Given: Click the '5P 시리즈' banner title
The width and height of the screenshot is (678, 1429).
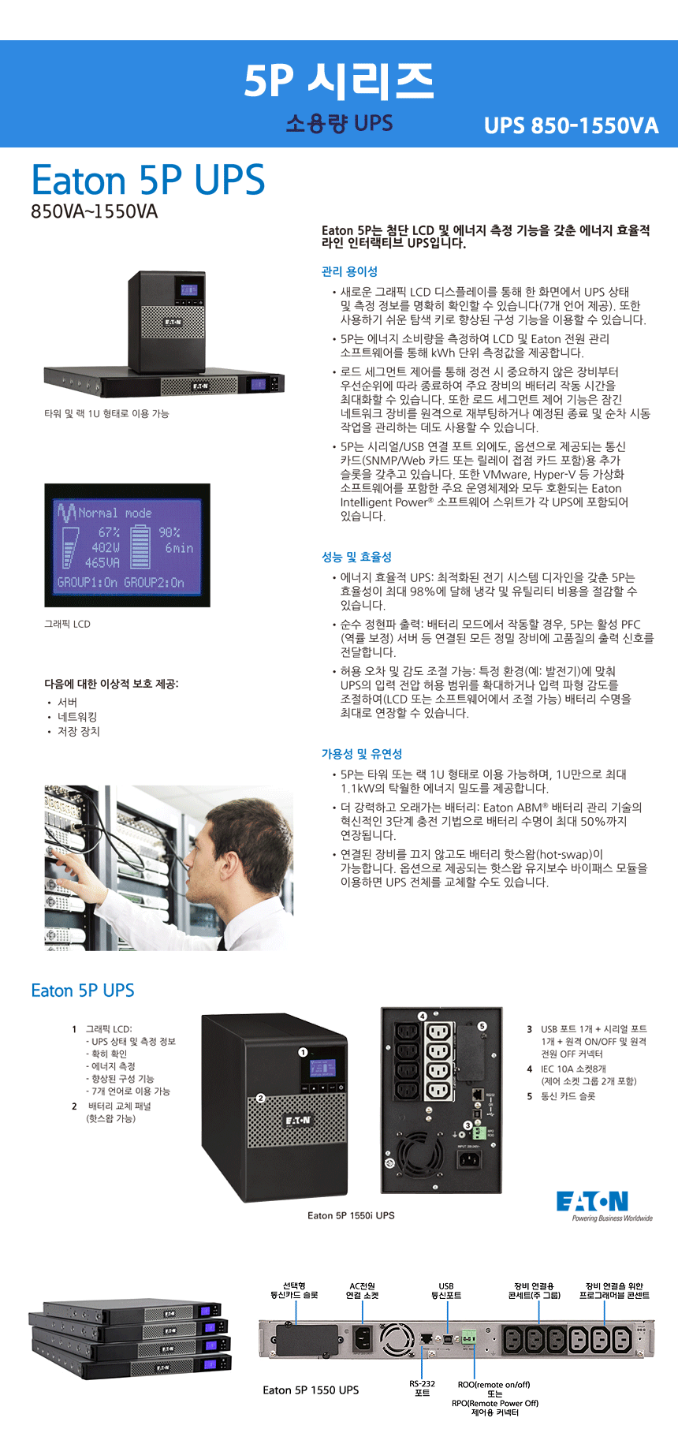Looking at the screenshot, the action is (x=339, y=80).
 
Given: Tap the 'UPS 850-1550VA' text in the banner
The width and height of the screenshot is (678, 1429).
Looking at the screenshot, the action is (x=571, y=126).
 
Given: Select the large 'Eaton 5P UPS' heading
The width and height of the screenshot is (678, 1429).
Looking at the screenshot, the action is (x=148, y=180).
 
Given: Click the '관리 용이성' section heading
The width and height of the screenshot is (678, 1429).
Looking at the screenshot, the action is (x=349, y=271).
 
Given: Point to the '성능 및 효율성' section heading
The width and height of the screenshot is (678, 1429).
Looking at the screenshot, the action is (x=356, y=557).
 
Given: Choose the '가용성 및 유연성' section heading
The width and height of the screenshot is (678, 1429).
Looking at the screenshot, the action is (x=362, y=754).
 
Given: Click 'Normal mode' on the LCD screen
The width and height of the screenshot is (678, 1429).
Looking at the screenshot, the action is (x=115, y=513).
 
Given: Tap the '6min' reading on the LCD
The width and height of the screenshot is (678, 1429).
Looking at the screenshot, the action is (x=179, y=547).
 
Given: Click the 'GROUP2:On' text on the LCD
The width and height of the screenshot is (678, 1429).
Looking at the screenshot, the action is (x=155, y=583).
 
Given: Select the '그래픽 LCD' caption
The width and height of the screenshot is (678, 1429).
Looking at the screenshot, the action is (x=67, y=624).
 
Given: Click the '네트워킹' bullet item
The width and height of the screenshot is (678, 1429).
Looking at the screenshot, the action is (x=77, y=717).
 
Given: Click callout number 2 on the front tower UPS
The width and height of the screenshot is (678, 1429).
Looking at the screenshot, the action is (x=261, y=1097).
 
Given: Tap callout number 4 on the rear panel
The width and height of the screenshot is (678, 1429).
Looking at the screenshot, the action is (x=423, y=1016).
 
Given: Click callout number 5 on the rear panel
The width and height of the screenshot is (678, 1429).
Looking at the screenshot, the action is (x=482, y=1026).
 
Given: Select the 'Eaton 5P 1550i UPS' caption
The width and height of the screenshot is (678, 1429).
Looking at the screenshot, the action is (x=351, y=1215).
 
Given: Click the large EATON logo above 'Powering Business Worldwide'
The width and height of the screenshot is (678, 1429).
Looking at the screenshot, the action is (x=592, y=1201).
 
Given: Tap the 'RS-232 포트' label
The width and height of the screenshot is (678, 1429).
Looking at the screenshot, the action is (x=422, y=1388).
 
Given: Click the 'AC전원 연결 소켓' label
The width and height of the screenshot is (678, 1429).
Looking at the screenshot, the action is (x=363, y=1290).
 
